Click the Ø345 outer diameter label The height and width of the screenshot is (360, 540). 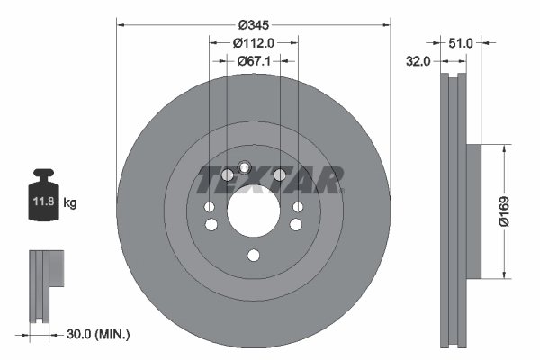[x=253, y=22]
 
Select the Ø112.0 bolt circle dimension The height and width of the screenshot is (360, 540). [x=253, y=42]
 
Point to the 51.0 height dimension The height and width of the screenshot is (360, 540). [x=461, y=42]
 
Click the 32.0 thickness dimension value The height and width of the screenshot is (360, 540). [x=417, y=61]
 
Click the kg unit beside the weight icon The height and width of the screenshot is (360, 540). [x=70, y=203]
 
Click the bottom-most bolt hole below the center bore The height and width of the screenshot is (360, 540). [x=253, y=256]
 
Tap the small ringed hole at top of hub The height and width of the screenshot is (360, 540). [x=244, y=166]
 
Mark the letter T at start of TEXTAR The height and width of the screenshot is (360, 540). [x=208, y=181]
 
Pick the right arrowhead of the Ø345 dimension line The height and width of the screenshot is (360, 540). [x=387, y=22]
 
